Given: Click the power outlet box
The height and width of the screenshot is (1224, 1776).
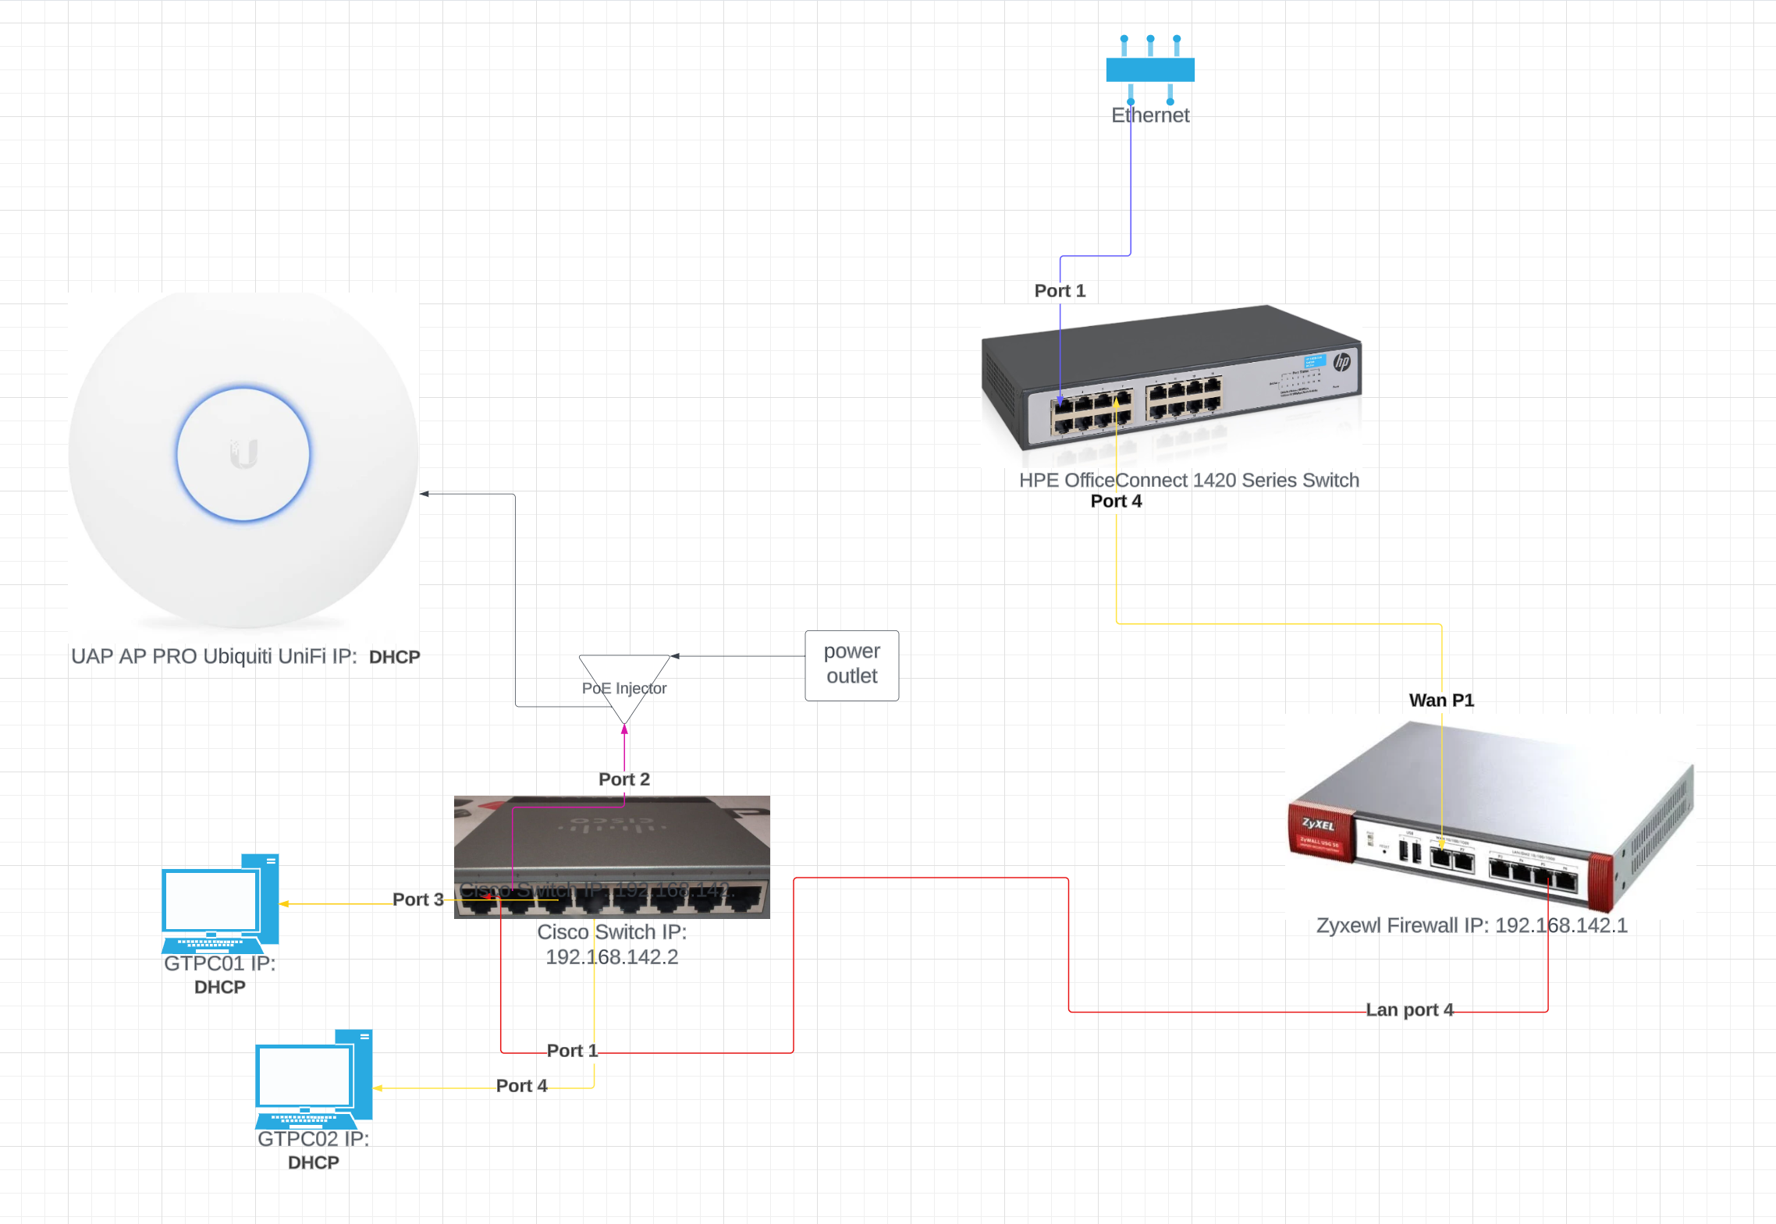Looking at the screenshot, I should (851, 665).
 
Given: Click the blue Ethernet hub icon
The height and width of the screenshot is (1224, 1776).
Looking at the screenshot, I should (1149, 69).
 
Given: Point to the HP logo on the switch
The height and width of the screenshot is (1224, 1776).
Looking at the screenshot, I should (1342, 362).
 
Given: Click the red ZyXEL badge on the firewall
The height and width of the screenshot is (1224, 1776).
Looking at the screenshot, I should (1320, 831).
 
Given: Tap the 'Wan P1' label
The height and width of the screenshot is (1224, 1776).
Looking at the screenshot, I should (1440, 700).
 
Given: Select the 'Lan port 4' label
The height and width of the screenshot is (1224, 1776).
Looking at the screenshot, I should (1408, 1009).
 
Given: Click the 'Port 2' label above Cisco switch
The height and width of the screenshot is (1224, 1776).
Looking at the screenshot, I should (623, 779).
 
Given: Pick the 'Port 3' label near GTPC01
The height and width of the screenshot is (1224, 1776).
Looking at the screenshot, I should (417, 899).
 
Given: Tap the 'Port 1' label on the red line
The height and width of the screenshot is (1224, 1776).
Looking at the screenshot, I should (572, 1050).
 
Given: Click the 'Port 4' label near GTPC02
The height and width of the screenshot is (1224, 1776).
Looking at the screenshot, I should (521, 1085).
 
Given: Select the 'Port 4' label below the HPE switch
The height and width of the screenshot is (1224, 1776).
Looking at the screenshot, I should (1115, 501).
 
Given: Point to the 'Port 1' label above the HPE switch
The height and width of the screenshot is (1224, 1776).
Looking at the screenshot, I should (1059, 290).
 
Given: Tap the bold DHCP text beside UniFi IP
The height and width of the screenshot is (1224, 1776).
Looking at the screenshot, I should (394, 657).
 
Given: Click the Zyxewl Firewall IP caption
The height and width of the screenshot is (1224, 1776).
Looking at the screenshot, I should (1471, 925).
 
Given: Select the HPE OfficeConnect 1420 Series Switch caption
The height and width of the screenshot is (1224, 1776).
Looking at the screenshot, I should (1188, 480).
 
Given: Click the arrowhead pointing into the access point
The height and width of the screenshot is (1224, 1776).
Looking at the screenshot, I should (424, 494).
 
